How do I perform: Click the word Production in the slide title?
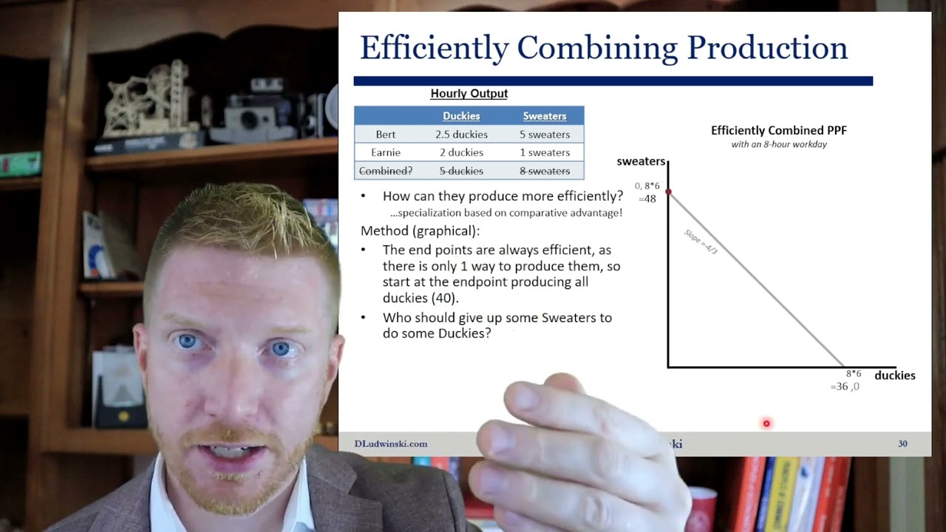(767, 48)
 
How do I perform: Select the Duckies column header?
(461, 116)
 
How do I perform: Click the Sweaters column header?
(545, 116)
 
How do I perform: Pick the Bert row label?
(386, 134)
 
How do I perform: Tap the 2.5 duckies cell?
(461, 134)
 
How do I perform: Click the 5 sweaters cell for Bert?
(545, 134)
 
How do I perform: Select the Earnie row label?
(386, 152)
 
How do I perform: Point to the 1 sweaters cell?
(545, 152)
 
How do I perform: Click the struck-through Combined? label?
(386, 171)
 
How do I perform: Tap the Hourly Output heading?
(469, 94)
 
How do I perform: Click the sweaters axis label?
(641, 162)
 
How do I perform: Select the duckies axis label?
(894, 375)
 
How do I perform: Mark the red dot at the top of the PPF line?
(668, 192)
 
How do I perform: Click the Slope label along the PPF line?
(701, 242)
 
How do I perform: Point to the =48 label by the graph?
(647, 199)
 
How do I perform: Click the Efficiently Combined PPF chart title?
(779, 131)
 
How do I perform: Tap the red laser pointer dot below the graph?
(766, 423)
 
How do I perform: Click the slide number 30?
(902, 444)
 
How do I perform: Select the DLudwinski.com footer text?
(391, 444)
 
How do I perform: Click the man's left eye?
(281, 347)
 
